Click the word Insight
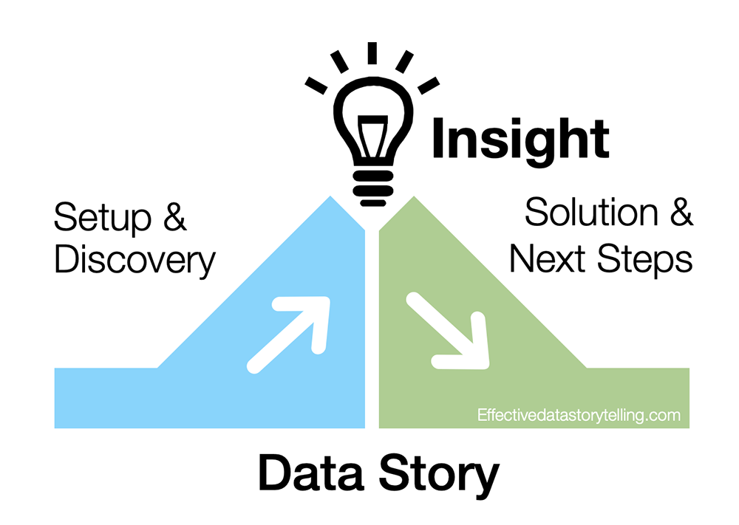[520, 140]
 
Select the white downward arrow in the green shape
[449, 332]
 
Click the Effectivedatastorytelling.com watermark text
[579, 416]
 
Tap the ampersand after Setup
[174, 219]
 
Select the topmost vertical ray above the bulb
[372, 53]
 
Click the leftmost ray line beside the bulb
[316, 86]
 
